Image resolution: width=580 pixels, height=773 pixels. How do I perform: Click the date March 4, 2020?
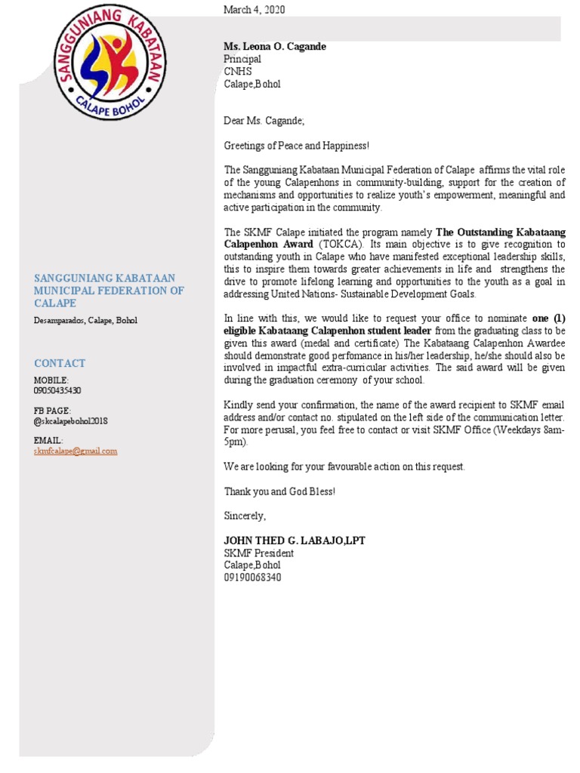(x=255, y=9)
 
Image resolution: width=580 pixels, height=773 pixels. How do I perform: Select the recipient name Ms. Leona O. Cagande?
(x=275, y=47)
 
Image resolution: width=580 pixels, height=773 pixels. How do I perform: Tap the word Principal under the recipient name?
(x=242, y=59)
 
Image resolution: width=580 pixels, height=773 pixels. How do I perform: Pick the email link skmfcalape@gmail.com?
(x=76, y=451)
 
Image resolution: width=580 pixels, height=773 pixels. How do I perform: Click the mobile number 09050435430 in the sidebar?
(x=57, y=390)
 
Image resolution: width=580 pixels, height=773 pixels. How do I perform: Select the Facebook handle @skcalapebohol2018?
(x=71, y=420)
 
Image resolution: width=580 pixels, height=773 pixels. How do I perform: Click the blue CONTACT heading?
(x=60, y=363)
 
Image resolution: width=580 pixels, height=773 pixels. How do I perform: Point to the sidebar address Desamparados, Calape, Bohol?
(x=85, y=320)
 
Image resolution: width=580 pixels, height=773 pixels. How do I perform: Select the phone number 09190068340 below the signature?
(x=252, y=577)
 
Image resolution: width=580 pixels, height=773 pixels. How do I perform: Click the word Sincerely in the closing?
(x=245, y=516)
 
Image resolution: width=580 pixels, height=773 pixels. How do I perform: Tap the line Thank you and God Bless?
(x=279, y=491)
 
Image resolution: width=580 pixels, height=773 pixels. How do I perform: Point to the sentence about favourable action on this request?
(x=344, y=467)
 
